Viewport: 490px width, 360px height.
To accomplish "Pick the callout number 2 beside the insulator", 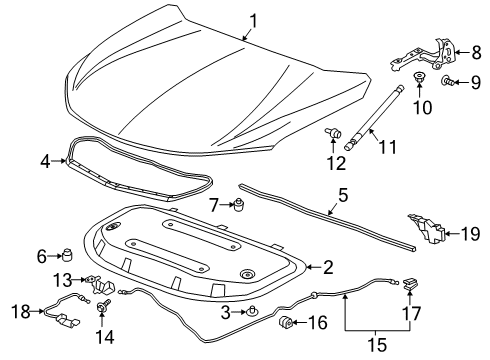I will coord(327,266).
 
